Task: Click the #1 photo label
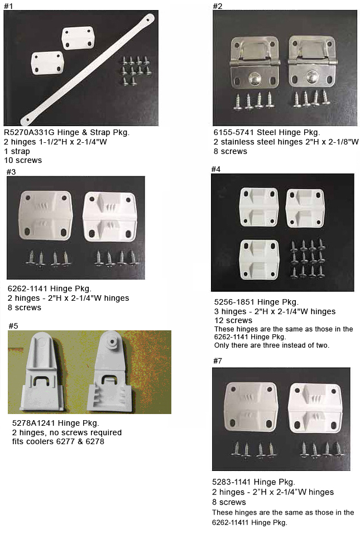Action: tap(8, 6)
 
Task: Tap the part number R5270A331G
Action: tap(29, 132)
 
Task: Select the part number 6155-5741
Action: tap(234, 132)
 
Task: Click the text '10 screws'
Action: tap(23, 160)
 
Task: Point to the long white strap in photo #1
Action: tap(88, 69)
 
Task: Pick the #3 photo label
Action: tap(11, 172)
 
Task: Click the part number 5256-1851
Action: tap(234, 302)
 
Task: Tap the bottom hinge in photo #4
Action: tap(259, 259)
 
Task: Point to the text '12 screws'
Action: tap(233, 320)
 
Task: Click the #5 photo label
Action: tap(13, 326)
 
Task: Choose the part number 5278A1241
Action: tap(33, 423)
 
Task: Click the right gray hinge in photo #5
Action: tap(110, 372)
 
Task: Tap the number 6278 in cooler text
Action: tap(95, 441)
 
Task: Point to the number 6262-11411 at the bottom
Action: tap(230, 522)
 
